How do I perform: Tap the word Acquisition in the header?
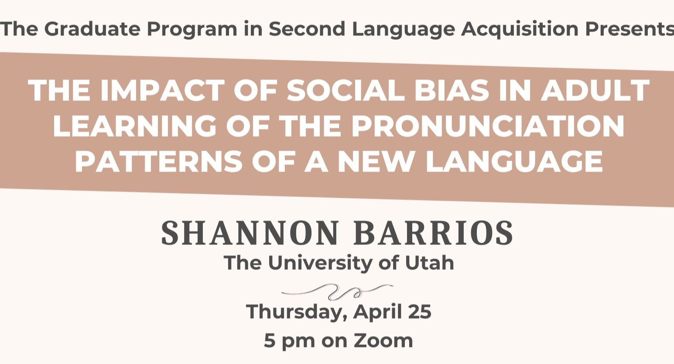(x=520, y=29)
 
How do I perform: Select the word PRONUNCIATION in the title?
(x=488, y=126)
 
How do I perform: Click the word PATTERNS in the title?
(x=158, y=161)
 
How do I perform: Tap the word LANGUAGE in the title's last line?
(x=514, y=161)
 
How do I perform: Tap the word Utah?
(x=430, y=263)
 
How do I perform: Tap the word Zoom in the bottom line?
(x=383, y=340)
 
